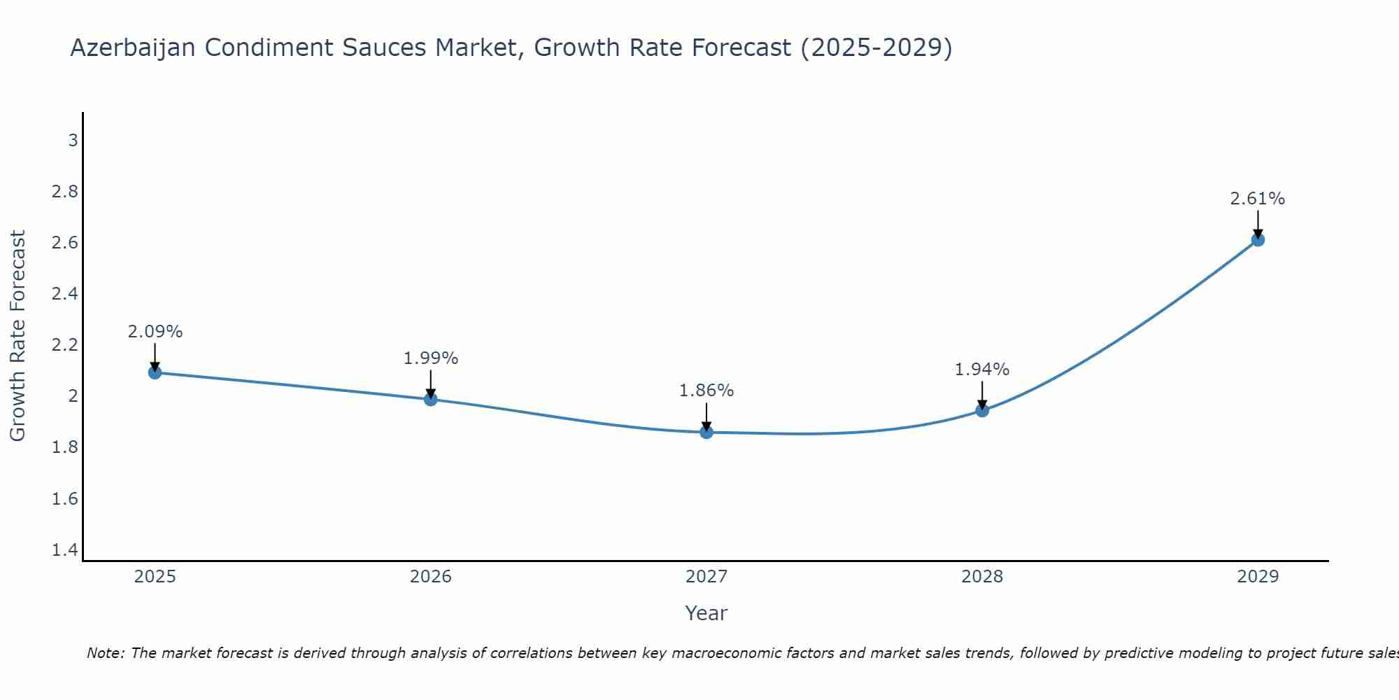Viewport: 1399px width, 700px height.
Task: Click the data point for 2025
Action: [155, 372]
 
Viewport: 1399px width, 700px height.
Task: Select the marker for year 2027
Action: [706, 432]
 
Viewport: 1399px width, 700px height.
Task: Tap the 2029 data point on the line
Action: [1258, 239]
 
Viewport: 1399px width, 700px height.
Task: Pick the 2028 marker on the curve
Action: [982, 410]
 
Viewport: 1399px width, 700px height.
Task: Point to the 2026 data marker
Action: [431, 399]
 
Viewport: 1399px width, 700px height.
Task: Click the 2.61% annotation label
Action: [1257, 199]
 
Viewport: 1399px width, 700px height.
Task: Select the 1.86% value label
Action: [706, 391]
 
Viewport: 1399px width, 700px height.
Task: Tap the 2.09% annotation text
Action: [155, 332]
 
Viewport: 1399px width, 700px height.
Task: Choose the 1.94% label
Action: [982, 369]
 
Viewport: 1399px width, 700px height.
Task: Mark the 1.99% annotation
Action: [431, 358]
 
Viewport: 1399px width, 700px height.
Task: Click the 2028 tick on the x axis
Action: [982, 577]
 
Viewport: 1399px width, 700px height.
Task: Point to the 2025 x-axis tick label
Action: [155, 577]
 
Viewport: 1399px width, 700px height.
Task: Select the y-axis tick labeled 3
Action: [73, 141]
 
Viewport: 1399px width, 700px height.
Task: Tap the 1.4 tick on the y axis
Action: [65, 550]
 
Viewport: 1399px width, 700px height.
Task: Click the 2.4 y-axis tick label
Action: [65, 294]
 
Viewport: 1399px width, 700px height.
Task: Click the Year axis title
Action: [706, 613]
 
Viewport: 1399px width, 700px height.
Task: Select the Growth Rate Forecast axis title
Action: [17, 336]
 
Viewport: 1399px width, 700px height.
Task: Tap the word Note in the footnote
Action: [105, 653]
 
